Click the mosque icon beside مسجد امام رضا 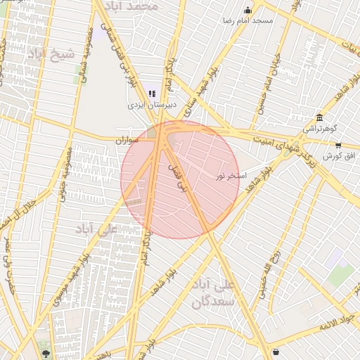pyautogui.click(x=247, y=10)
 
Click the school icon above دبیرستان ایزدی pyautogui.click(x=151, y=93)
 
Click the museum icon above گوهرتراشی pyautogui.click(x=319, y=117)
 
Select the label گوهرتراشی pyautogui.click(x=320, y=129)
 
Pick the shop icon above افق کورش pyautogui.click(x=338, y=145)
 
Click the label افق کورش pyautogui.click(x=337, y=155)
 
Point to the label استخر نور pyautogui.click(x=231, y=174)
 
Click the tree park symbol pyautogui.click(x=46, y=354)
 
